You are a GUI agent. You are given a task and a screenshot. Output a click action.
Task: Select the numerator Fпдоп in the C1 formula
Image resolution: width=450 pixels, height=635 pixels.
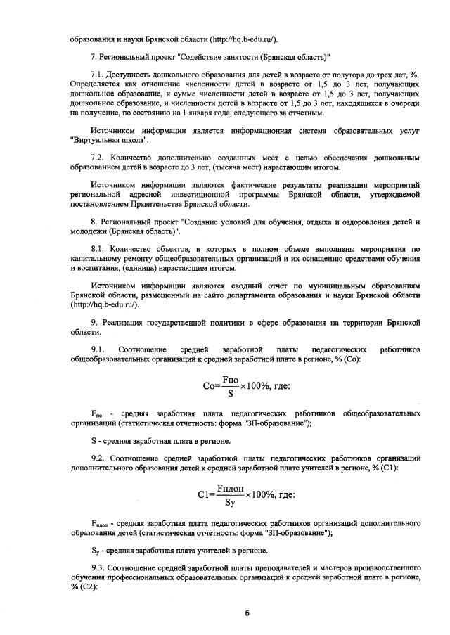coord(229,487)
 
